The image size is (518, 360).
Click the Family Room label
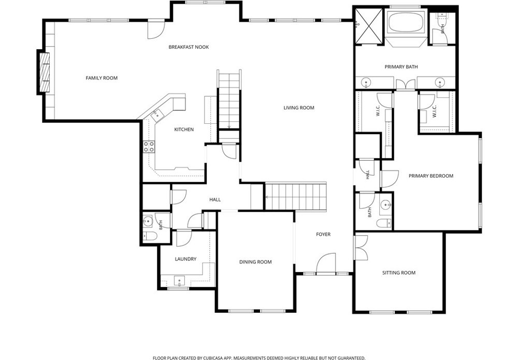(102, 78)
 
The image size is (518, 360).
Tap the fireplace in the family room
(44, 73)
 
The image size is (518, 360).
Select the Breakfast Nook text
(189, 47)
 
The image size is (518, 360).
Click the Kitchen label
(184, 129)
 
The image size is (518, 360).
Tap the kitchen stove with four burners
(149, 147)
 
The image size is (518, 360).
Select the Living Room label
(299, 108)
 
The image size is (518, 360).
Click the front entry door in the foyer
(326, 264)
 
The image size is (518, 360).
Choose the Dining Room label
(255, 262)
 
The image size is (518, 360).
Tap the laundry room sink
(180, 281)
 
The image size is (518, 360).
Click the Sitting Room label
(399, 273)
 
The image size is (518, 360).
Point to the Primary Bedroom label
(431, 176)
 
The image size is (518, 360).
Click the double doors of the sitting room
(361, 248)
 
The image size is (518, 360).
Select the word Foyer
(323, 235)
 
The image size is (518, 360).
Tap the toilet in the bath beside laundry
(150, 236)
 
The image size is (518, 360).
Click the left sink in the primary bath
(365, 82)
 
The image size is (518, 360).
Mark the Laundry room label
(185, 260)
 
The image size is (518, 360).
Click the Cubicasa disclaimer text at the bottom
(259, 358)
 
